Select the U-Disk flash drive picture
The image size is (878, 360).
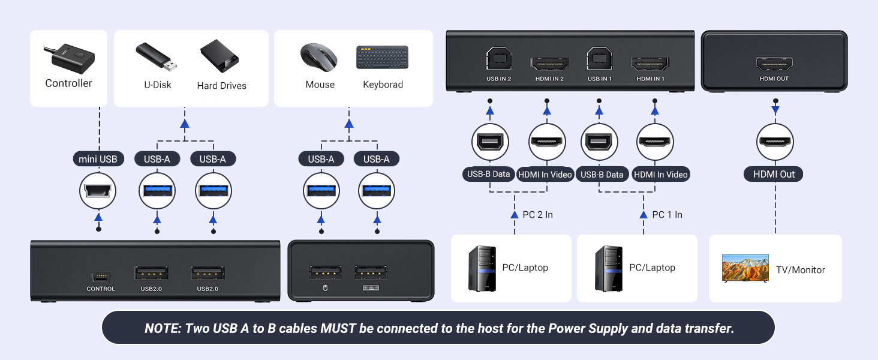click(x=156, y=56)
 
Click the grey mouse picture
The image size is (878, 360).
click(x=319, y=58)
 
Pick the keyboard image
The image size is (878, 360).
click(x=382, y=58)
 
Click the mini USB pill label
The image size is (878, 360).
click(x=98, y=159)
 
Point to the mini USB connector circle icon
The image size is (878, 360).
click(x=98, y=191)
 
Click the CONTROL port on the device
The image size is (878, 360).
click(x=100, y=277)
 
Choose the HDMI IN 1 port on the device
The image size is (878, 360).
click(x=650, y=62)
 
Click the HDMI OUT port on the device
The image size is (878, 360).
click(x=774, y=64)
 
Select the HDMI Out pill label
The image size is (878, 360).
click(x=774, y=174)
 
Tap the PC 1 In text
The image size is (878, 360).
click(x=667, y=215)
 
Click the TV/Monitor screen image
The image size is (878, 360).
click(x=745, y=268)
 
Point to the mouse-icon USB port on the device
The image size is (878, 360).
click(x=326, y=272)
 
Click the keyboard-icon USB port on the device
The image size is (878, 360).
click(x=372, y=272)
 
